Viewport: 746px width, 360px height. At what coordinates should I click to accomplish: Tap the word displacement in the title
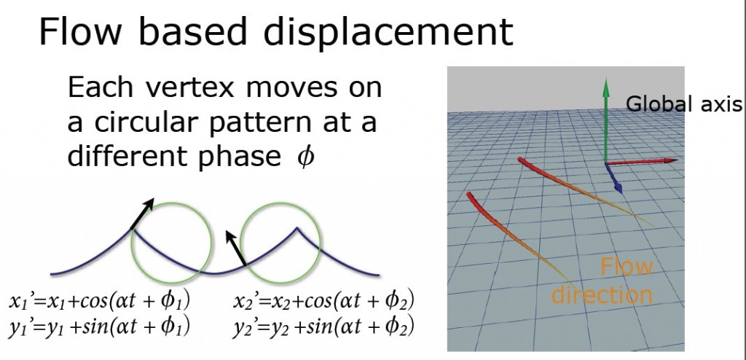pyautogui.click(x=388, y=31)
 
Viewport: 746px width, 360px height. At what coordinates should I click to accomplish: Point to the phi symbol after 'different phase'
pyautogui.click(x=305, y=157)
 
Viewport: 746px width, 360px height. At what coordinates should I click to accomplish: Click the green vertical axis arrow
pyautogui.click(x=605, y=121)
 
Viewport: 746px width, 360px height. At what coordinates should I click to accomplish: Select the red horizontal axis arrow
pyautogui.click(x=642, y=162)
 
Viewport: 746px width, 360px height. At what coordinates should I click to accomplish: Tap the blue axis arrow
pyautogui.click(x=614, y=178)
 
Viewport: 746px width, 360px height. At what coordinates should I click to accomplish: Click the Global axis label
pyautogui.click(x=683, y=103)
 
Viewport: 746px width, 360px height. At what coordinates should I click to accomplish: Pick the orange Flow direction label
pyautogui.click(x=602, y=281)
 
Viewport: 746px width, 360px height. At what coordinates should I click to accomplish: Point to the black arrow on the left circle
pyautogui.click(x=142, y=214)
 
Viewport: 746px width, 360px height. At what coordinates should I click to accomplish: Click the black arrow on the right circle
pyautogui.click(x=236, y=248)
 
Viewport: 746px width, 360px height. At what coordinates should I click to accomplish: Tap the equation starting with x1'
pyautogui.click(x=99, y=302)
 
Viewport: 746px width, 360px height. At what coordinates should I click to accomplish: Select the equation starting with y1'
pyautogui.click(x=99, y=326)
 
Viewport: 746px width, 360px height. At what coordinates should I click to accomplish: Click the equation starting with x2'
pyautogui.click(x=323, y=302)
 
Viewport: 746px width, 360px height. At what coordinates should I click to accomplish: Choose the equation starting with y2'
pyautogui.click(x=323, y=326)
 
